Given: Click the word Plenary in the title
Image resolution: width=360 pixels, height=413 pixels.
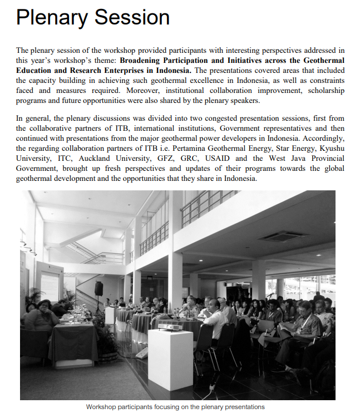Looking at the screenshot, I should click(x=51, y=17).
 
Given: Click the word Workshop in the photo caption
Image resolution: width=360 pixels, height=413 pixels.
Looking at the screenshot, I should click(x=103, y=407).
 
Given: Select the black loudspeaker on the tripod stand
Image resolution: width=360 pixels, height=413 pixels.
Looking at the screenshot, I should click(x=98, y=288).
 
